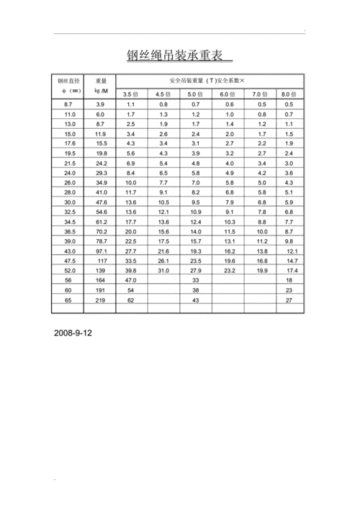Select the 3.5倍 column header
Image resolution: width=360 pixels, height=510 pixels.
click(x=131, y=94)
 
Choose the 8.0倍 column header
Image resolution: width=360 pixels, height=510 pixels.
click(x=289, y=94)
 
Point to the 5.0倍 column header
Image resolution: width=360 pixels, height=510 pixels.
click(x=196, y=94)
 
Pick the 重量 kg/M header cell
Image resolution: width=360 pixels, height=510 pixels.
click(x=101, y=86)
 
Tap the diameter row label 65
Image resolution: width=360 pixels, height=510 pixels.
click(x=70, y=299)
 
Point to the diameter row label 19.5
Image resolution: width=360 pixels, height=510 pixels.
click(x=70, y=153)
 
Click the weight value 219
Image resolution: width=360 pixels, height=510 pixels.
click(x=101, y=299)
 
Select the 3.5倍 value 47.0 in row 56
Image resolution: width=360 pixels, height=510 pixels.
click(x=131, y=279)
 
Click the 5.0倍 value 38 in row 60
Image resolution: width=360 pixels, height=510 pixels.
click(x=196, y=290)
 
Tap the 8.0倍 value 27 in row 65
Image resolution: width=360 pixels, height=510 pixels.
click(x=289, y=299)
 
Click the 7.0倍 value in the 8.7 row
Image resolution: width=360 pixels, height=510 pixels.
click(x=261, y=104)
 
